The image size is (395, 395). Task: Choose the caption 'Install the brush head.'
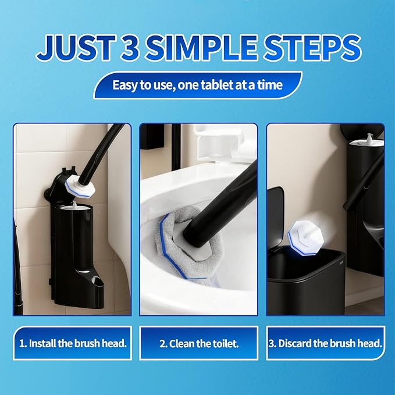(x=72, y=343)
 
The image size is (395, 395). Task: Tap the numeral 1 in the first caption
(x=22, y=343)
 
